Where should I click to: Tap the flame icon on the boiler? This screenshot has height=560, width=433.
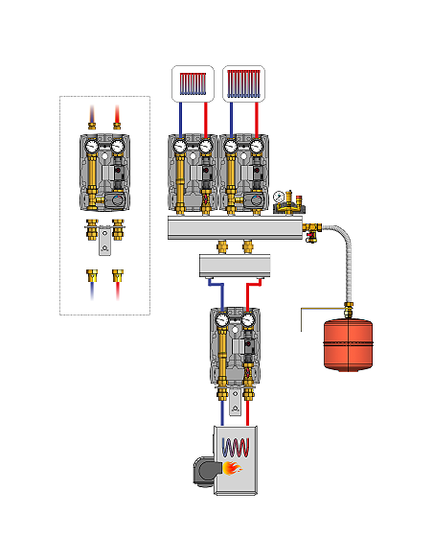click(232, 469)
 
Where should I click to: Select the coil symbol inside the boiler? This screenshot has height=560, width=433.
click(237, 447)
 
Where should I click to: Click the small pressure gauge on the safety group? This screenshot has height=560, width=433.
click(279, 197)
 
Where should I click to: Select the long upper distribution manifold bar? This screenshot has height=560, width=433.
click(236, 227)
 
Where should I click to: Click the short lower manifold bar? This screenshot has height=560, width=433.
click(236, 264)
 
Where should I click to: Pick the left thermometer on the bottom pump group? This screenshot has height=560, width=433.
click(221, 320)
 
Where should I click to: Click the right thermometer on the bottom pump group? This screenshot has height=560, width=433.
click(248, 320)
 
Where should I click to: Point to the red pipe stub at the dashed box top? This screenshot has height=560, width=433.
click(118, 117)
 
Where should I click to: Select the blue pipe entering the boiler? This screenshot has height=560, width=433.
click(222, 412)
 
